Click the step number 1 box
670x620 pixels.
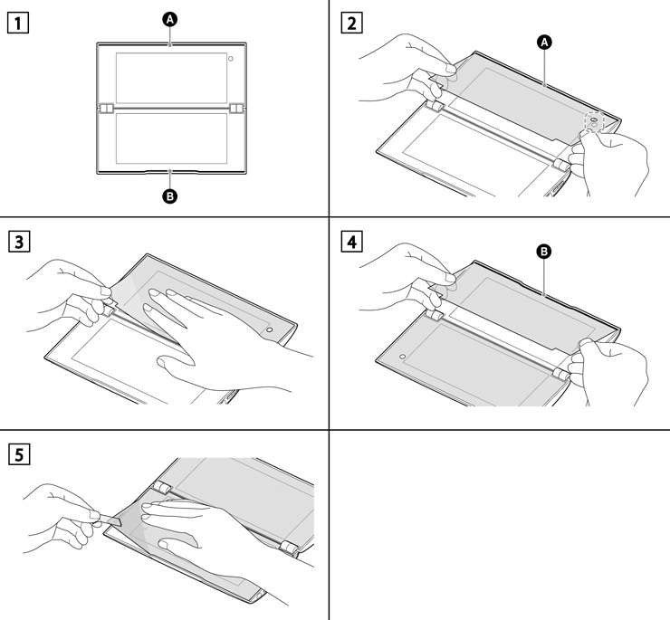coord(15,21)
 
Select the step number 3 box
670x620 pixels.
coord(15,242)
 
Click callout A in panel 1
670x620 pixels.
coord(171,17)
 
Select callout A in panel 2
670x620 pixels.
coord(543,43)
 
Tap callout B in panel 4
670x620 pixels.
coord(545,255)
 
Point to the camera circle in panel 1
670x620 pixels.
coord(233,59)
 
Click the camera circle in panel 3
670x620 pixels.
coord(269,330)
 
